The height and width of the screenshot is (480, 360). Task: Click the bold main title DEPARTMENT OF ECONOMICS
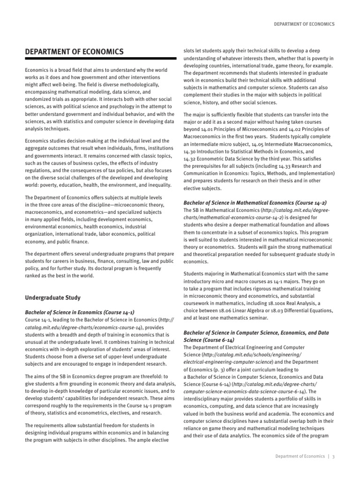pos(74,51)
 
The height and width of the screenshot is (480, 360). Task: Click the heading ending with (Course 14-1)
pos(80,312)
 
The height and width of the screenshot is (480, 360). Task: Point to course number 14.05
pos(266,143)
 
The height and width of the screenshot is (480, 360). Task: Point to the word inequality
pos(157,185)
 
